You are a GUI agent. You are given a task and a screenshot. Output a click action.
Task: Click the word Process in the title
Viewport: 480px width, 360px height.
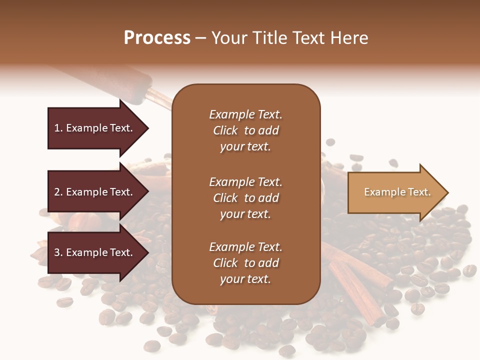(x=157, y=38)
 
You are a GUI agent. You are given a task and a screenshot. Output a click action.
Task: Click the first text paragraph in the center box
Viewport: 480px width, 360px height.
(x=245, y=130)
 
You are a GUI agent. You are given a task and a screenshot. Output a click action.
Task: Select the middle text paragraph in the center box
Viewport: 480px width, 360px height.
(x=245, y=198)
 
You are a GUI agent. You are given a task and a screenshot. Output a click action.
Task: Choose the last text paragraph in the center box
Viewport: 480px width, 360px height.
(x=245, y=263)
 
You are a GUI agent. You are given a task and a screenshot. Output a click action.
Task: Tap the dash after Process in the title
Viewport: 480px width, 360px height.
(x=200, y=38)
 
